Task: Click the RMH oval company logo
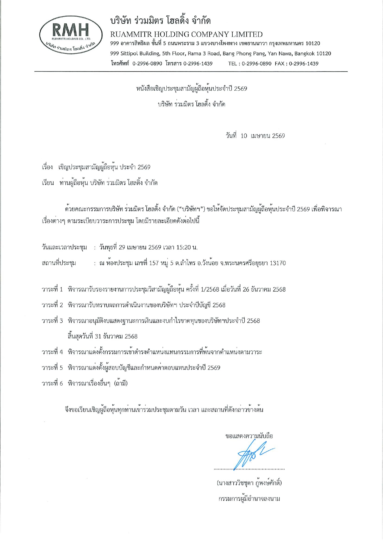[71, 37]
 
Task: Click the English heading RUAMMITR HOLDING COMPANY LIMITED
[186, 34]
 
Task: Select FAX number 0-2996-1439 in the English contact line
[303, 64]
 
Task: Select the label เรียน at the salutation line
[48, 183]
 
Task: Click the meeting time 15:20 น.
[184, 248]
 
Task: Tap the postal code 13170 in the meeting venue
[277, 263]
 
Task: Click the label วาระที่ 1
[52, 289]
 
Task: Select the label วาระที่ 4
[52, 352]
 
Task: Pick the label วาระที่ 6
[52, 383]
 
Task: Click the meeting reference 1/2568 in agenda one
[210, 289]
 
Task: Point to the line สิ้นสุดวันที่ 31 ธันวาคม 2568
[102, 336]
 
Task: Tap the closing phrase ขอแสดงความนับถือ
[249, 436]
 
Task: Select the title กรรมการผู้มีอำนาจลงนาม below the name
[249, 499]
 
